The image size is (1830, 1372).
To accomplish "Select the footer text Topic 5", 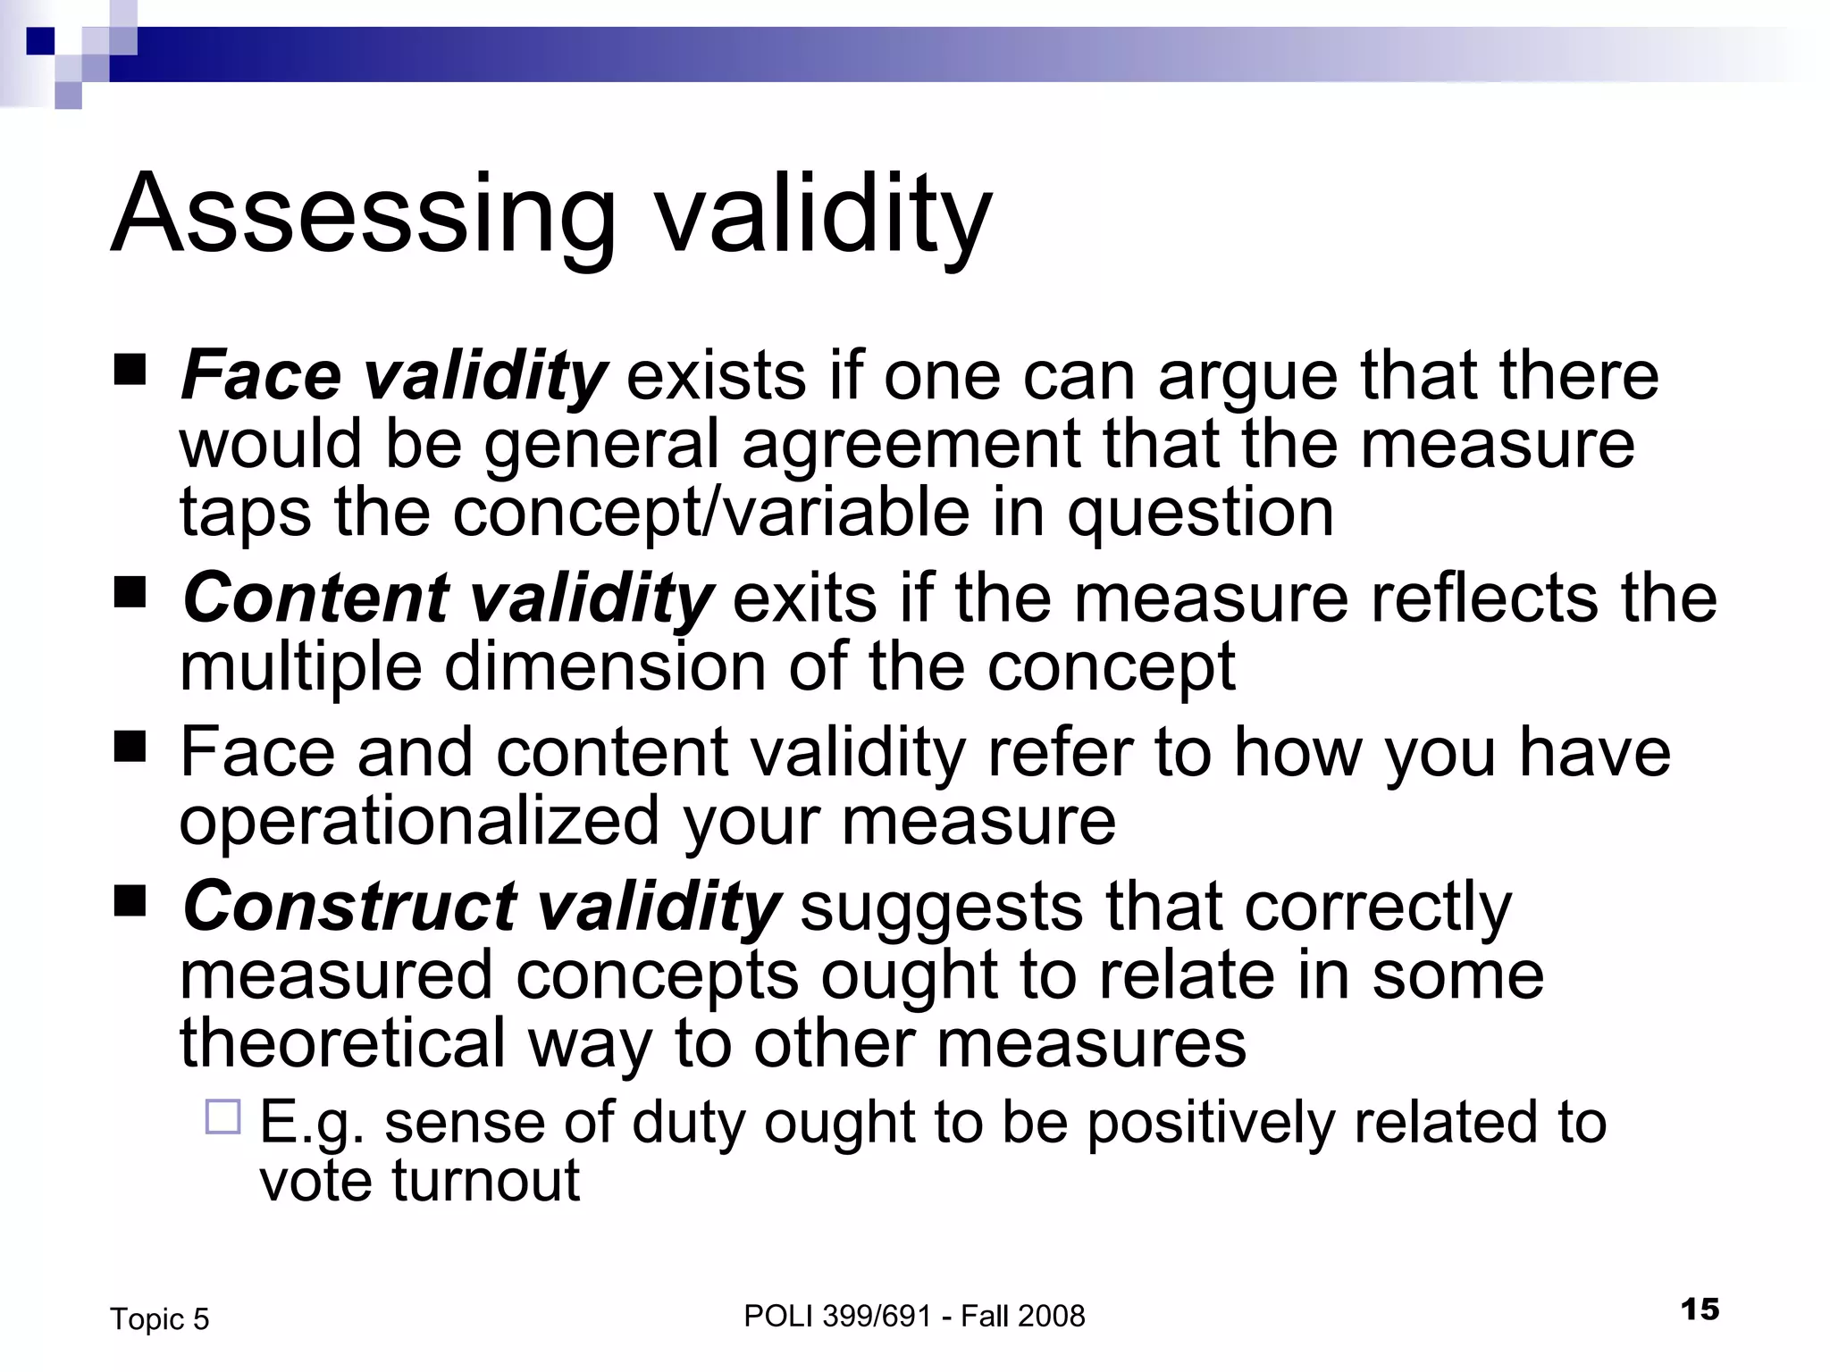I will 159,1319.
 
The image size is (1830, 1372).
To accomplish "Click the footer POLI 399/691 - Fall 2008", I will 914,1316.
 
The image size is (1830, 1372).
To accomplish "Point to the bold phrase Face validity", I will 394,375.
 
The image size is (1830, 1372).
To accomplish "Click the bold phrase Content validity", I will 448,598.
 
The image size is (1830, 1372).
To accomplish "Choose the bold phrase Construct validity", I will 482,907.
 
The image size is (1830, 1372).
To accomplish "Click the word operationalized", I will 419,821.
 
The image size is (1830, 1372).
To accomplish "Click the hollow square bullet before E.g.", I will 222,1117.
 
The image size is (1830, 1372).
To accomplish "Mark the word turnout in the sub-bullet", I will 486,1180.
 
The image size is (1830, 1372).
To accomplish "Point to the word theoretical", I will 342,1042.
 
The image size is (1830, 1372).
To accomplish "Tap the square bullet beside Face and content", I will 130,746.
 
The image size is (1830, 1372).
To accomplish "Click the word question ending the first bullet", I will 1200,513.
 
